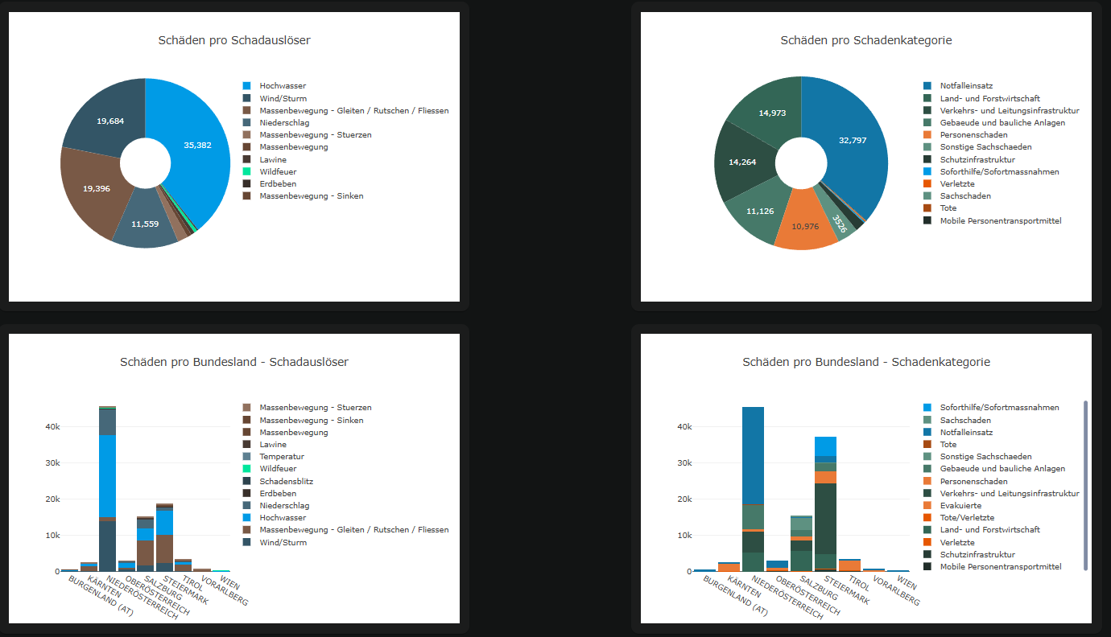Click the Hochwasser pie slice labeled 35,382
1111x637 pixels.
click(x=197, y=146)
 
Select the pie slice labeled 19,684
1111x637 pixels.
click(x=110, y=121)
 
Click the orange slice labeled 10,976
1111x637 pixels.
click(x=805, y=225)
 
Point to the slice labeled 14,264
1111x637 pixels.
click(x=742, y=162)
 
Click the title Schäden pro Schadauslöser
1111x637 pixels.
click(x=234, y=40)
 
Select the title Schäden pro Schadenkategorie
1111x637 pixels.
click(x=866, y=40)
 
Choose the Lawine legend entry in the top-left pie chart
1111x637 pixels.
click(x=272, y=159)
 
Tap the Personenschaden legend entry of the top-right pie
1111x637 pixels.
click(x=973, y=135)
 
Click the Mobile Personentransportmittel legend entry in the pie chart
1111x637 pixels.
click(x=1001, y=220)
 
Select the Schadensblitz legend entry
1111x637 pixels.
click(x=286, y=481)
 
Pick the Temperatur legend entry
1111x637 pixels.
click(x=282, y=457)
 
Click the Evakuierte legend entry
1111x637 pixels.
click(x=960, y=506)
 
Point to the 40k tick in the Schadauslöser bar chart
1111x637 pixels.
click(x=52, y=427)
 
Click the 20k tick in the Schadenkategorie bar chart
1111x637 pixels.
click(x=684, y=499)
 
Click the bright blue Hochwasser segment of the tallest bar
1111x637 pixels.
click(x=108, y=475)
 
